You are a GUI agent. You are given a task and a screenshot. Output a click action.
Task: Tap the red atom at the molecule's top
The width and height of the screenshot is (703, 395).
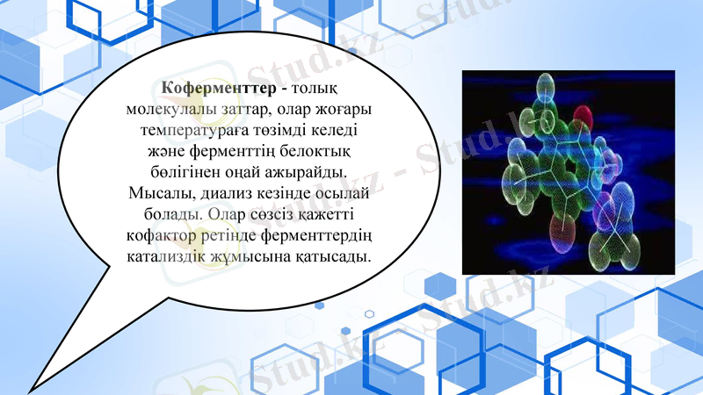click(x=583, y=114)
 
